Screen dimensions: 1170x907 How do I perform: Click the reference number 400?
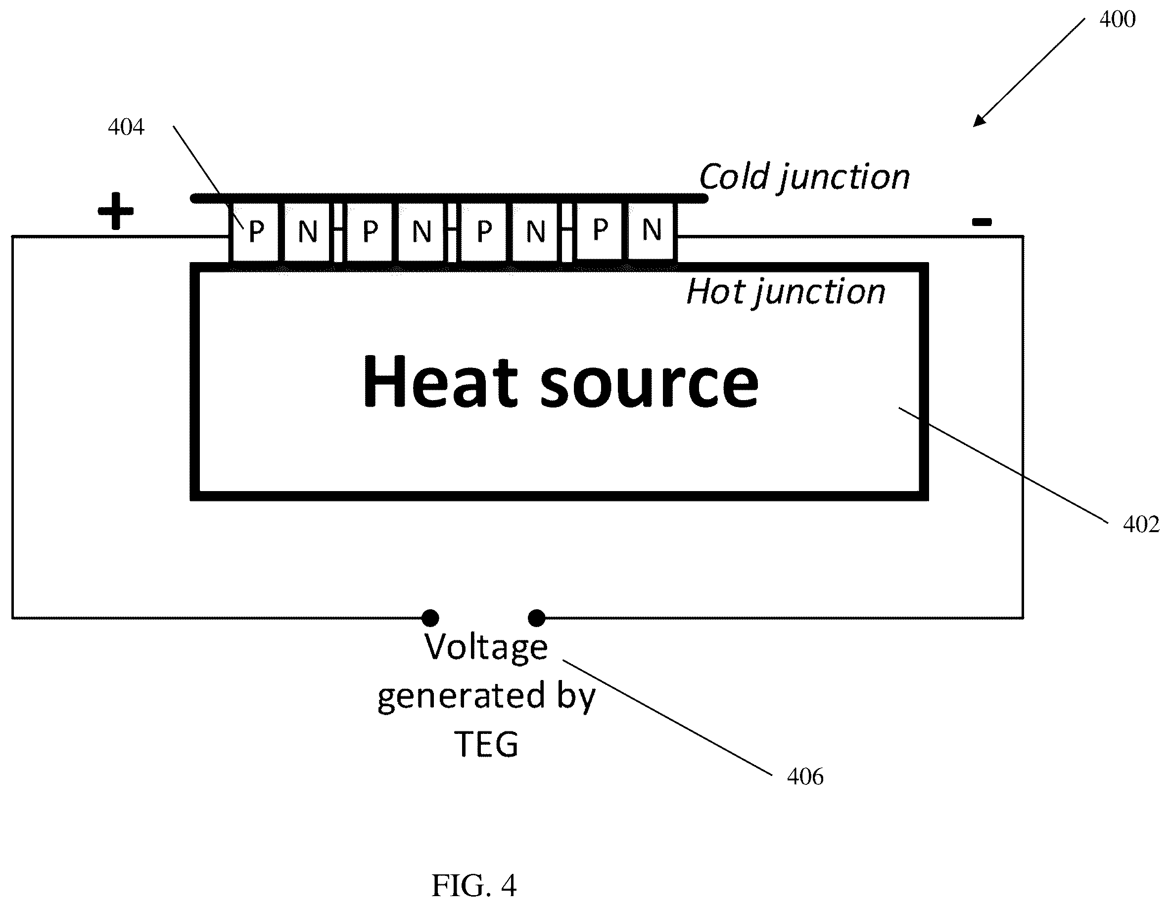click(1117, 19)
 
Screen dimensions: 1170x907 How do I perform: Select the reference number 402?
click(1140, 524)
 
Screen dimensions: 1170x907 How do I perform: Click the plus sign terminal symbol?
click(116, 211)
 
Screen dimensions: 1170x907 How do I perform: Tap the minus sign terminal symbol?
click(982, 221)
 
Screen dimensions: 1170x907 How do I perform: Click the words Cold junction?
click(804, 177)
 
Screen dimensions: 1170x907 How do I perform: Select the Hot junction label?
click(786, 292)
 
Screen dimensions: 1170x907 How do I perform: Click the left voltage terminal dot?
click(430, 618)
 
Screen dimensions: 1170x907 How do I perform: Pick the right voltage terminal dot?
click(537, 618)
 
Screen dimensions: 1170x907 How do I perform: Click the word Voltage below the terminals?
click(486, 648)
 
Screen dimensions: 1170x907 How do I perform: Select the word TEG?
click(486, 744)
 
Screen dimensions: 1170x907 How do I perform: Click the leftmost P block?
click(254, 233)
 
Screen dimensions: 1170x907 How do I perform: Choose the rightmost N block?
click(652, 232)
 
